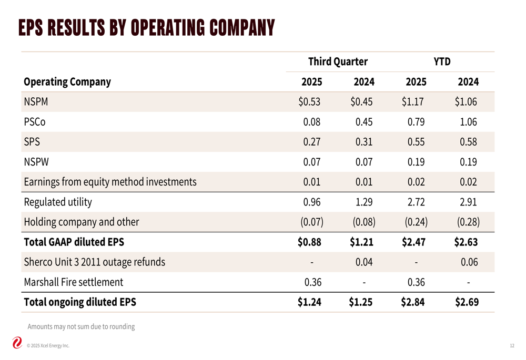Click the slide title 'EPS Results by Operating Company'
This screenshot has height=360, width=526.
pos(146,27)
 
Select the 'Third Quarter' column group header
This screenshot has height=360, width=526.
pos(338,62)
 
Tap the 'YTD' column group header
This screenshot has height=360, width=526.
pos(442,62)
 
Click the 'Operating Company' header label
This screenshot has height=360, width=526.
pos(67,82)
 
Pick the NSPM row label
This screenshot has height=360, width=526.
pos(36,102)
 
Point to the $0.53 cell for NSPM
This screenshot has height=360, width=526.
pos(309,102)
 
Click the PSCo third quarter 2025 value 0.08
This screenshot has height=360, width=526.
pos(312,122)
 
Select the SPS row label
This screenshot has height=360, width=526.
pos(32,142)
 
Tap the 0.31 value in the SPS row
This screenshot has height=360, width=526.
pos(364,142)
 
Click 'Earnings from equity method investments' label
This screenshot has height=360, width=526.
pos(110,182)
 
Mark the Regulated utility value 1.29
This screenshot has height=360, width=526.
pos(364,202)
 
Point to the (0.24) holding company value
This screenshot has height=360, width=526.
pos(416,222)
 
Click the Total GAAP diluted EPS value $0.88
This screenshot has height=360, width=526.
pos(309,242)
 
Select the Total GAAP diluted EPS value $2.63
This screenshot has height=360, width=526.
pos(466,242)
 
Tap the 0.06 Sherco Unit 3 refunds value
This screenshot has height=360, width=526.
pos(469,262)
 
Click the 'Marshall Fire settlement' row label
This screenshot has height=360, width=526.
pos(74,282)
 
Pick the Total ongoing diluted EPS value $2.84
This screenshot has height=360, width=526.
pos(413,302)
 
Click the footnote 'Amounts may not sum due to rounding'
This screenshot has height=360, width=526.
pos(81,326)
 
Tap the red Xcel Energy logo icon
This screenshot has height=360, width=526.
pos(17,343)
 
